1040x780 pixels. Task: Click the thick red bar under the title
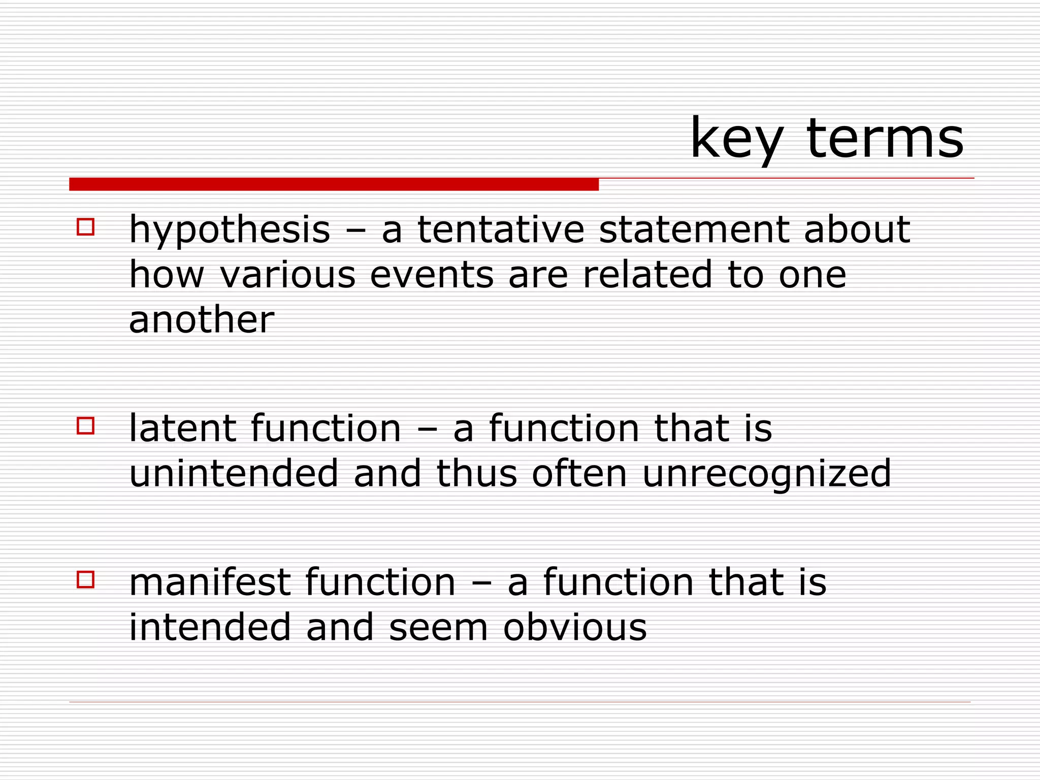334,184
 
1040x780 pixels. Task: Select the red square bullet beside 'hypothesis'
85,226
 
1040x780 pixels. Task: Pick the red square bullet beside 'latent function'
85,426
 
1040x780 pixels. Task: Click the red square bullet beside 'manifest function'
85,579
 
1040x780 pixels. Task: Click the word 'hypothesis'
230,230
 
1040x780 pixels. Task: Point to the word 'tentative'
501,230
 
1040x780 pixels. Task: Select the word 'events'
432,275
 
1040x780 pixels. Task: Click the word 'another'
202,320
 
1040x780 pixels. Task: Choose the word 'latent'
183,428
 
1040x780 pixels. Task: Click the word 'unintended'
234,473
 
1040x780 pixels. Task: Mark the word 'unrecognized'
767,473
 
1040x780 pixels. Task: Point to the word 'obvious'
575,627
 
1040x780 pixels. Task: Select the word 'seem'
438,627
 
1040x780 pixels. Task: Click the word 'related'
647,275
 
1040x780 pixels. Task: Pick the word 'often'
579,473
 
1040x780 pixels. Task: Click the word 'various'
288,275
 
